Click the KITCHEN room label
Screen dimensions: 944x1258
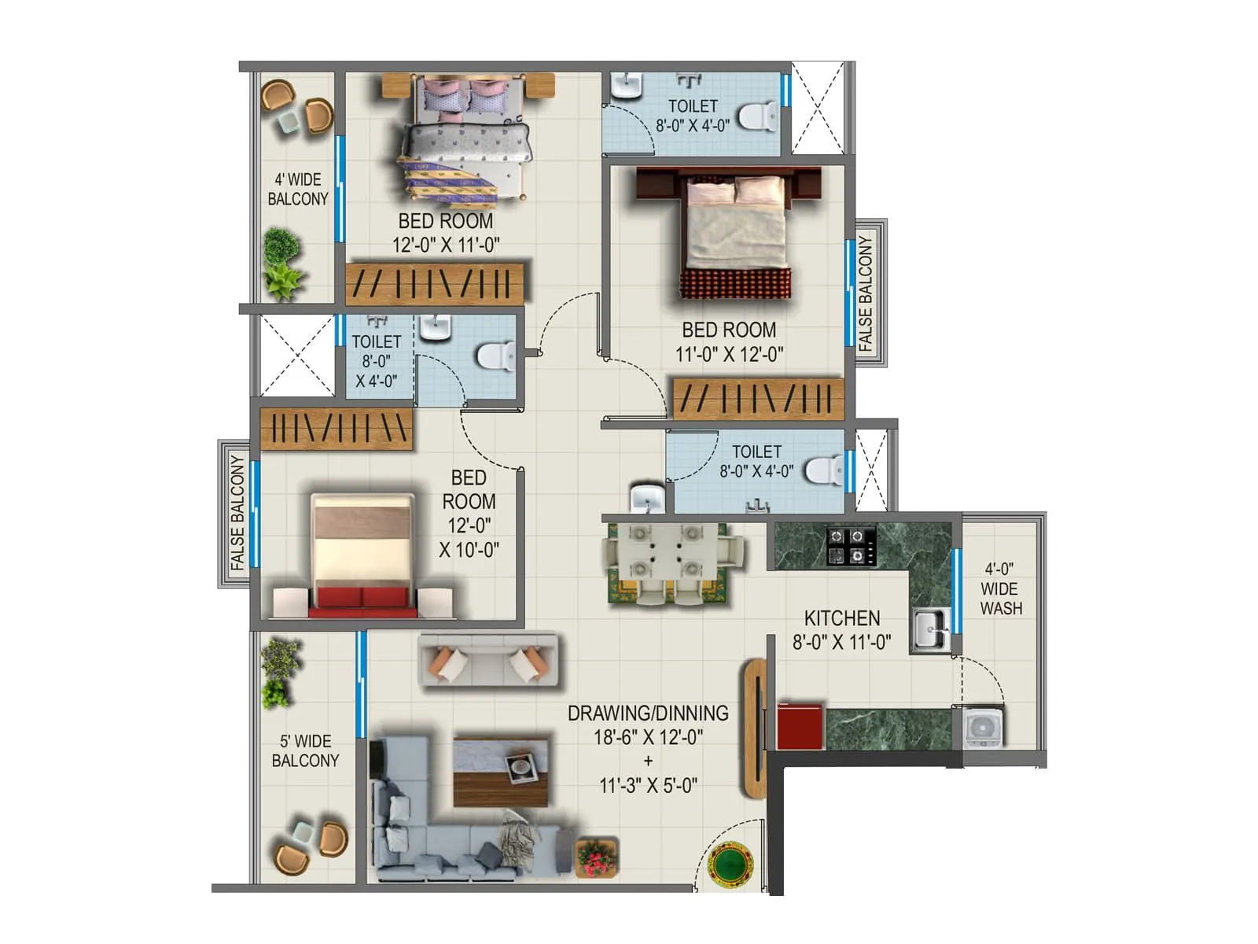[x=841, y=618]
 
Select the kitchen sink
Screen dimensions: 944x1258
[x=930, y=629]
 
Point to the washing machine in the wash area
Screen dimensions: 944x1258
[x=981, y=728]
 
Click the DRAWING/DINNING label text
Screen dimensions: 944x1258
[x=648, y=714]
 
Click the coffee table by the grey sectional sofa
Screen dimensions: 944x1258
[x=501, y=771]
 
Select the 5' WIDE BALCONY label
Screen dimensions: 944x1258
[x=305, y=750]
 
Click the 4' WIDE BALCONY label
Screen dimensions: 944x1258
[x=297, y=189]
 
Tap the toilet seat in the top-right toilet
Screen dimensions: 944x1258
[x=755, y=116]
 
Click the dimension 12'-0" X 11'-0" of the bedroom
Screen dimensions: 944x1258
[x=445, y=245]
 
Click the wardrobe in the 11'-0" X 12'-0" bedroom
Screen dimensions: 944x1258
[x=757, y=399]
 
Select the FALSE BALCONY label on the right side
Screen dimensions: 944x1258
[x=866, y=293]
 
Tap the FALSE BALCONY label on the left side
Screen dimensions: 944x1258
[x=237, y=512]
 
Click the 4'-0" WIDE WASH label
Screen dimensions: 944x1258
[x=1000, y=588]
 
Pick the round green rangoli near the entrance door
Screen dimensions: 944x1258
[x=730, y=863]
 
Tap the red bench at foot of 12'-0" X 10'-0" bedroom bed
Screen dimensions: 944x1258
[x=362, y=601]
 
